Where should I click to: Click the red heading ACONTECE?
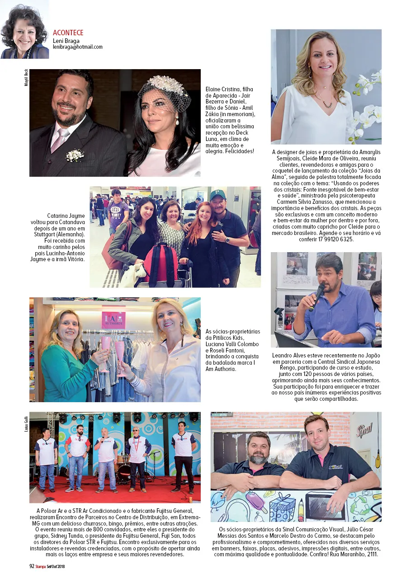click(x=68, y=33)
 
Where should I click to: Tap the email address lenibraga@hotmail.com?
click(x=77, y=47)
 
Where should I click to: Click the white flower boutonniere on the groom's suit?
click(x=75, y=155)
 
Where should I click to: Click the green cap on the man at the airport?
click(x=217, y=195)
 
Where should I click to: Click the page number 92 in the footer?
click(x=32, y=565)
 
